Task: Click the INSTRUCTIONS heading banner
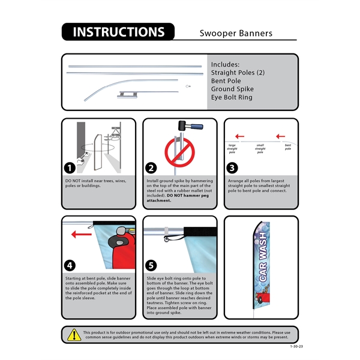pos(118,32)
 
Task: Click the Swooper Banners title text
pos(236,33)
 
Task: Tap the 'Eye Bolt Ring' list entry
pos(232,97)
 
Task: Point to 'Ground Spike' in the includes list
pos(233,89)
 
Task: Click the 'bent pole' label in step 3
pos(288,146)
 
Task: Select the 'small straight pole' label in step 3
pos(260,149)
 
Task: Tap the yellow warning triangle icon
pos(74,334)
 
